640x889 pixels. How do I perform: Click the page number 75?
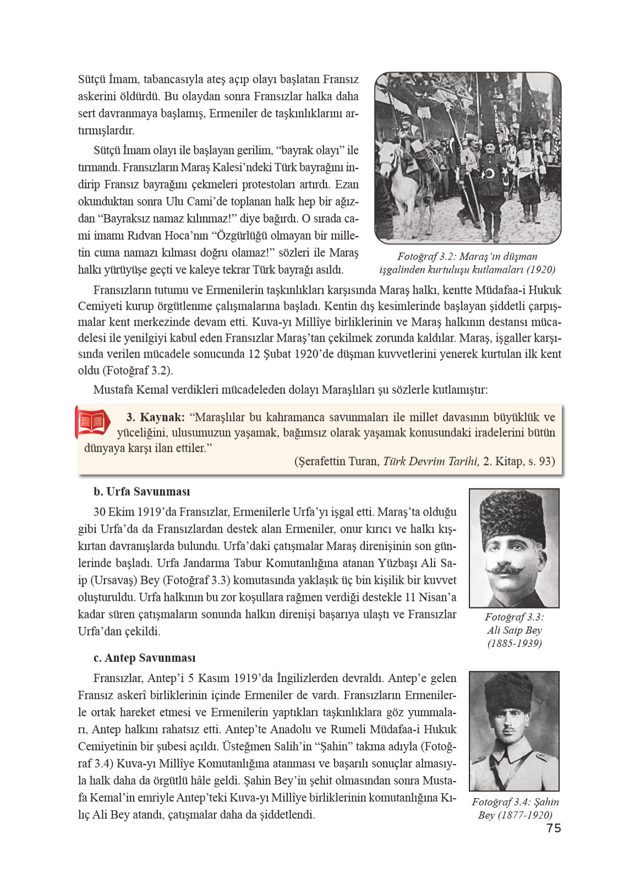pyautogui.click(x=554, y=828)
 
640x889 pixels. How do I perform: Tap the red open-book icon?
pyautogui.click(x=92, y=422)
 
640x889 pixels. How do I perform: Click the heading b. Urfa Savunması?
pyautogui.click(x=141, y=491)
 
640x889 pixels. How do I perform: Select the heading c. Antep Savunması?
pyautogui.click(x=144, y=658)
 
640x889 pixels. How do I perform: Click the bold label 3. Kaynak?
pyautogui.click(x=155, y=417)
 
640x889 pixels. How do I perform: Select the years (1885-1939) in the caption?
pyautogui.click(x=515, y=643)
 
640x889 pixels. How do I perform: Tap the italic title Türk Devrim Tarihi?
pyautogui.click(x=431, y=461)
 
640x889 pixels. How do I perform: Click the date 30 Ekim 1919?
pyautogui.click(x=127, y=512)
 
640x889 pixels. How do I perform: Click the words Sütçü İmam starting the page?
pyautogui.click(x=108, y=79)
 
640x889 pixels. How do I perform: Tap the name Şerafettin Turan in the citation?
pyautogui.click(x=337, y=461)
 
